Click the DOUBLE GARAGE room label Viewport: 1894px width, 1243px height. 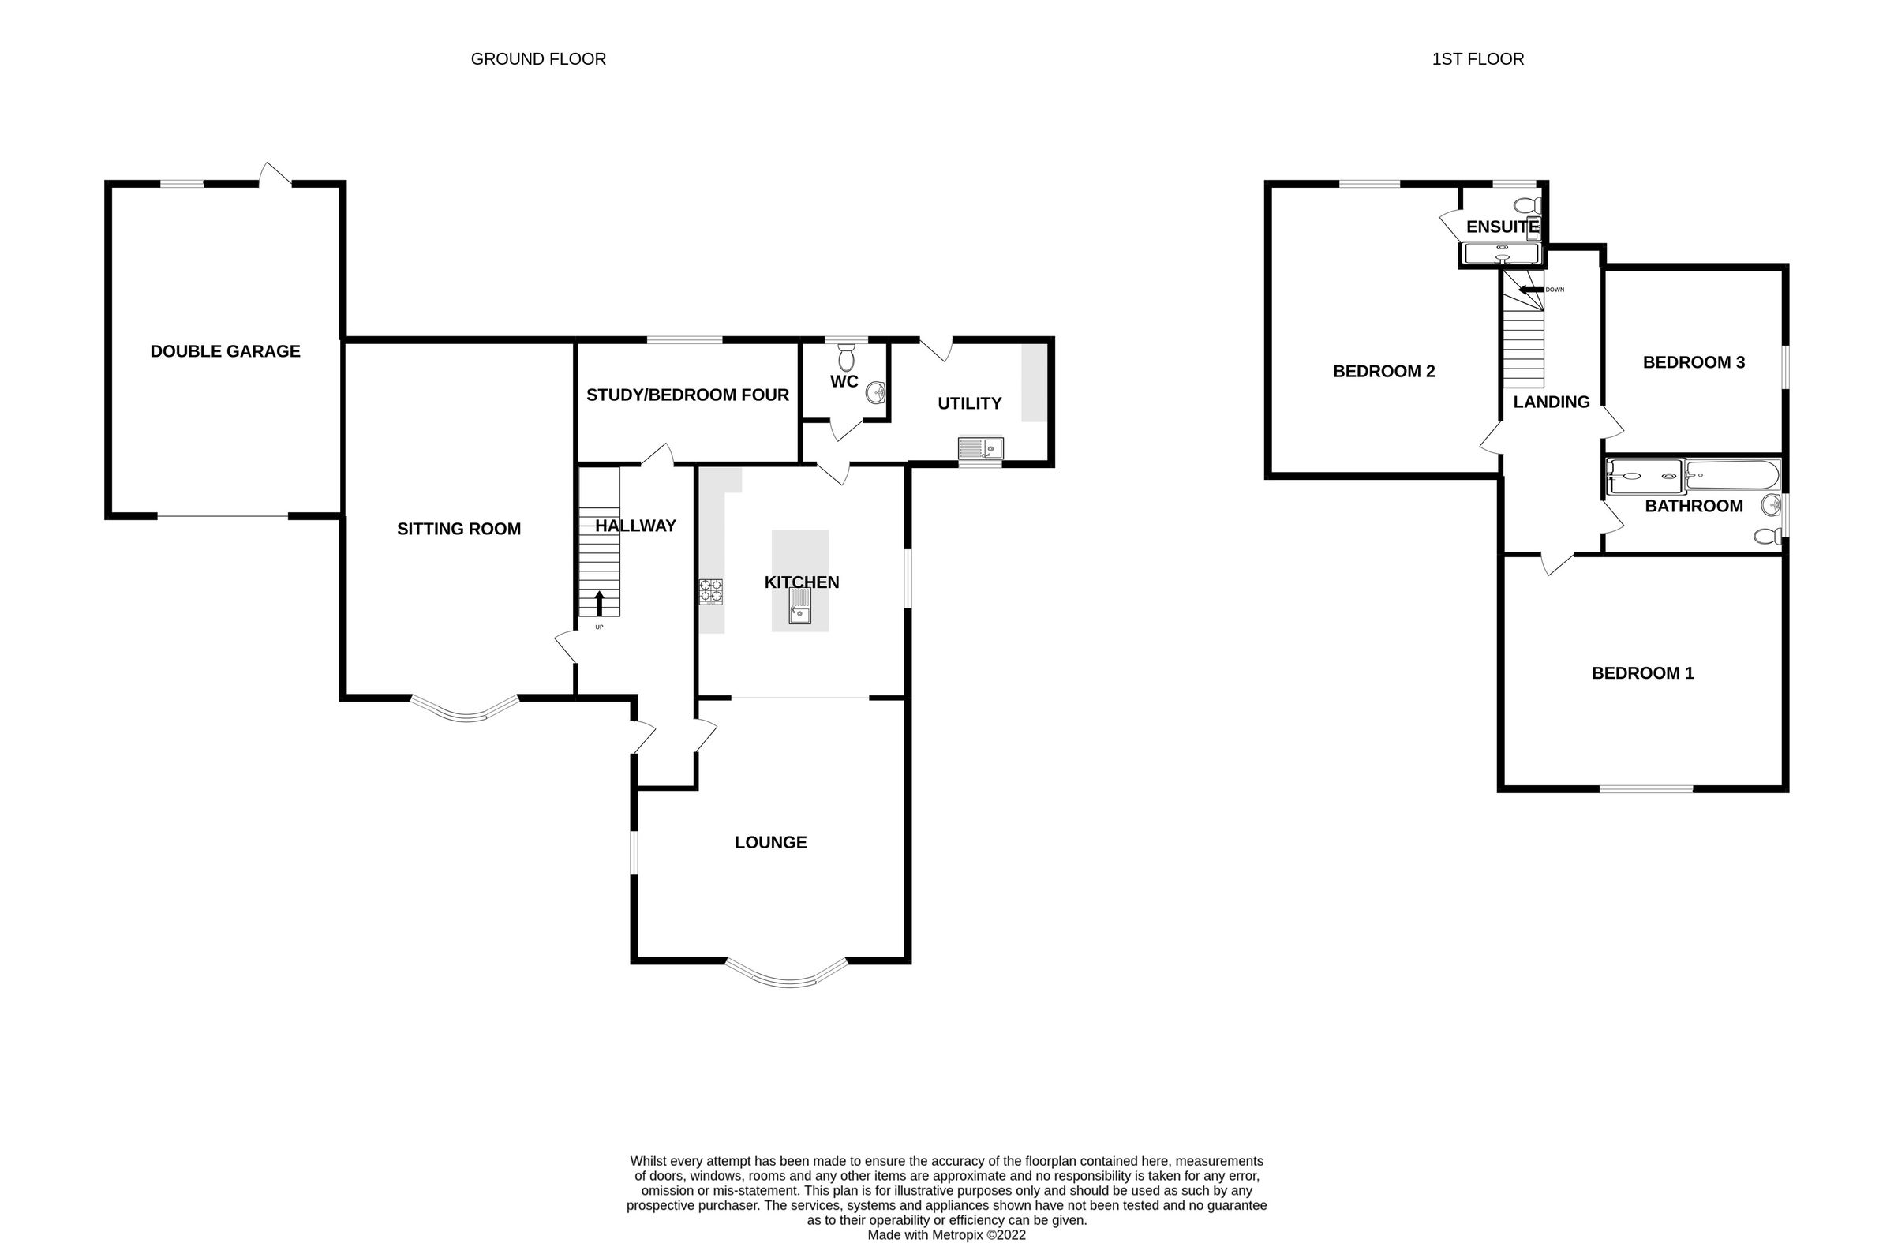225,351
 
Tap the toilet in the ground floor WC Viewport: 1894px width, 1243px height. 846,354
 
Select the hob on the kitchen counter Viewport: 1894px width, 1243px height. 712,591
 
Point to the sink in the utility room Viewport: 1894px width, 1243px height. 980,449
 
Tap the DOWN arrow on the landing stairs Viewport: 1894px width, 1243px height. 1529,290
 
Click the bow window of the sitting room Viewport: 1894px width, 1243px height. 466,711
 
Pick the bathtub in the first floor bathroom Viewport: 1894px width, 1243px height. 1731,475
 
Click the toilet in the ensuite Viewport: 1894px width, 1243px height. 1529,204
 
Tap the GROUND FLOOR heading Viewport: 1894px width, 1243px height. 538,59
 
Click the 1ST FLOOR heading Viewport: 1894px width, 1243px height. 1477,59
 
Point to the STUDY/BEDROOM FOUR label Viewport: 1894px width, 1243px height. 687,395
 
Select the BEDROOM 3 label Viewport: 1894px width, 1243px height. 1694,362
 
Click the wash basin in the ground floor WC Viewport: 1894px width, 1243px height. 876,392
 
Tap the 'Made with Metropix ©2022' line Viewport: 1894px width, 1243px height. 946,1235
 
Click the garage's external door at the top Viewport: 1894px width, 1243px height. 275,175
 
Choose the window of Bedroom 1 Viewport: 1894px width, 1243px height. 1645,789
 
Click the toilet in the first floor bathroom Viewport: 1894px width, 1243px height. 1768,537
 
